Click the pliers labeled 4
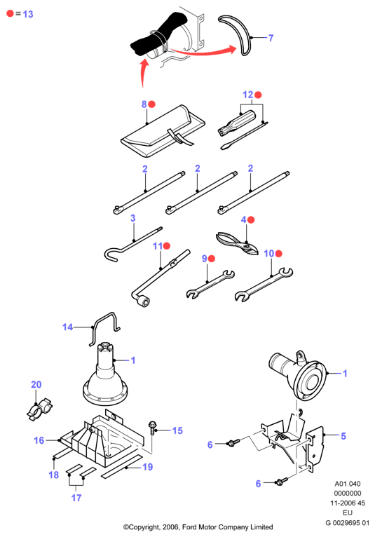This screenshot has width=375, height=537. point(237,243)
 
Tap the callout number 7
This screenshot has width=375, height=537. point(271,38)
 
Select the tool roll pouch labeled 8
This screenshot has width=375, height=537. point(163,131)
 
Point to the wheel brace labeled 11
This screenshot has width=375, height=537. point(161,278)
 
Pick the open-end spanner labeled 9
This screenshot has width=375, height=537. point(210,284)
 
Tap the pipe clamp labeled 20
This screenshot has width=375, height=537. point(39,409)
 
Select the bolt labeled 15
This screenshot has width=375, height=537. point(152,428)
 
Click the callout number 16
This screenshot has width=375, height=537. point(39,440)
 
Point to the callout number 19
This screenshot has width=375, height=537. point(148,467)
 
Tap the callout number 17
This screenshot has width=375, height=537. point(76,498)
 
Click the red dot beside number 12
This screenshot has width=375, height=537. point(258,95)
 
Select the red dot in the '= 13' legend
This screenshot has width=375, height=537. point(11,14)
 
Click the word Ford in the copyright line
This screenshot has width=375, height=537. point(189,526)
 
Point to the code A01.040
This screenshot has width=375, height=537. point(347,484)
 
